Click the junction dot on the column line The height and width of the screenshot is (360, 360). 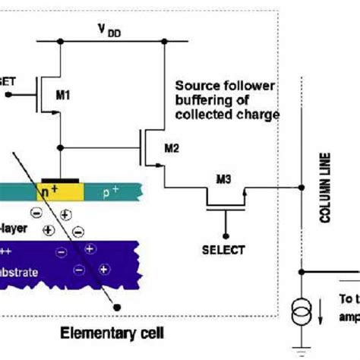(x=302, y=271)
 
